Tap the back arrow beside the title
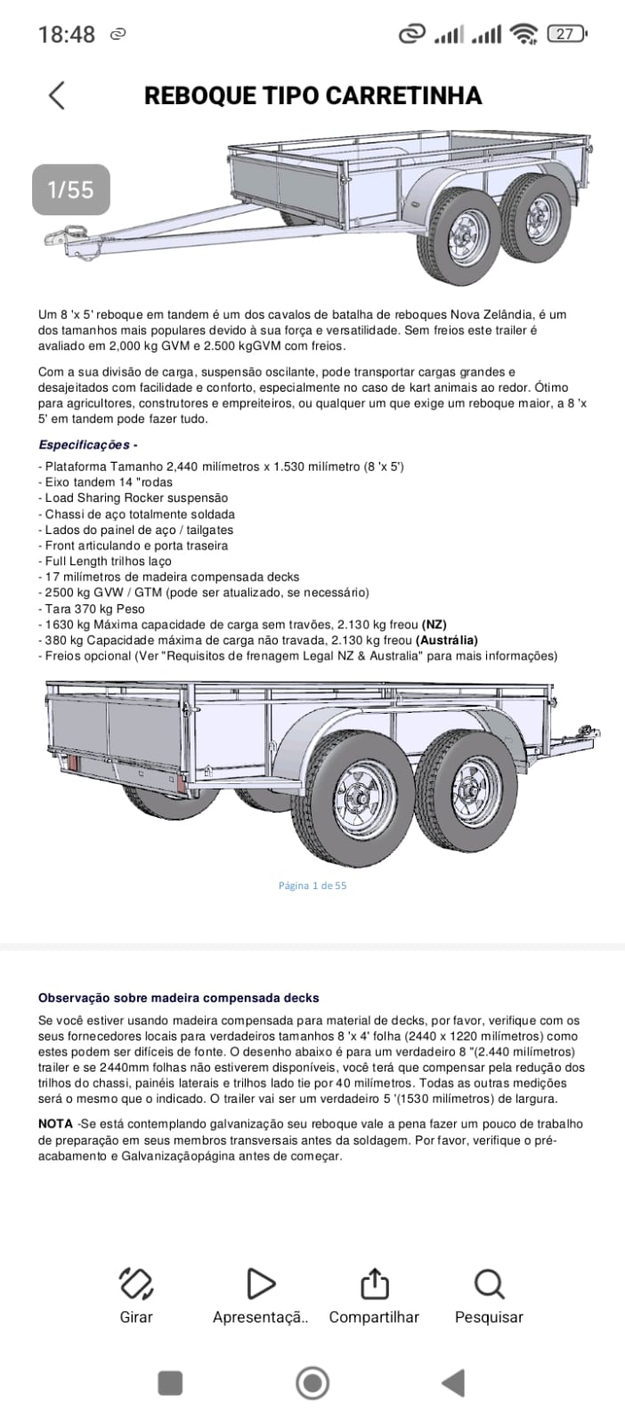pos(57,95)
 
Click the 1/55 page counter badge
pos(71,190)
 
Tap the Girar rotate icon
pos(136,1283)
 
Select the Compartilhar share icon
pos(374,1283)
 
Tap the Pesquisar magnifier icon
pos(489,1283)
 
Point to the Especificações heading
pos(87,445)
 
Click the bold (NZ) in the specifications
pos(434,625)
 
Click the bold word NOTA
pos(55,1124)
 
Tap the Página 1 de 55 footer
pos(312,886)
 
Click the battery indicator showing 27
pos(565,34)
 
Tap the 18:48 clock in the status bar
pos(67,35)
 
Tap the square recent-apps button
pos(170,1383)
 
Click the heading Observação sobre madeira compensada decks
pos(178,998)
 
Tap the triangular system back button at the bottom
pos(453,1383)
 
